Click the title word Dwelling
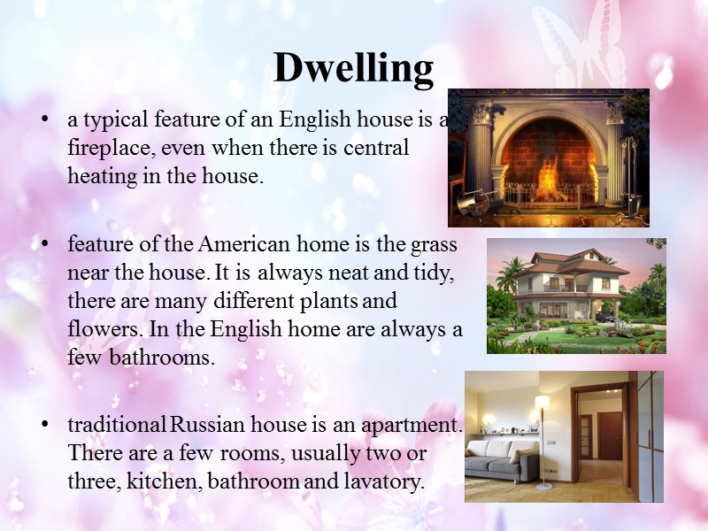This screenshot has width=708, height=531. [x=353, y=67]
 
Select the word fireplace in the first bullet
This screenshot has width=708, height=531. [x=109, y=147]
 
